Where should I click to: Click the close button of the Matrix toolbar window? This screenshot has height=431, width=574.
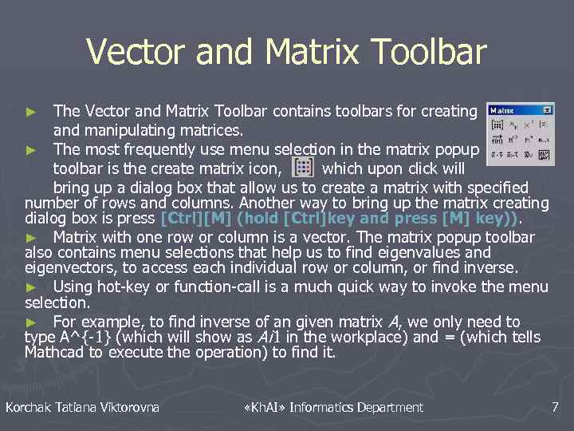click(x=547, y=109)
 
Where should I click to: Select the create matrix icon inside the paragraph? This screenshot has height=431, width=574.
click(x=303, y=167)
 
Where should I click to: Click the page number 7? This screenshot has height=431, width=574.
click(x=555, y=408)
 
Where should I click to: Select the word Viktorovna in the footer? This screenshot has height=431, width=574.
click(x=130, y=408)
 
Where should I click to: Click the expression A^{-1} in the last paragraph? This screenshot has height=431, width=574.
click(x=83, y=337)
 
